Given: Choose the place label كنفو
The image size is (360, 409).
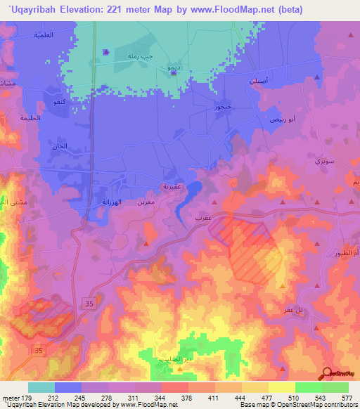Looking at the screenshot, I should [x=54, y=103].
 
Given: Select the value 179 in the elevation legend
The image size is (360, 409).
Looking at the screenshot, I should [x=22, y=398].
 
